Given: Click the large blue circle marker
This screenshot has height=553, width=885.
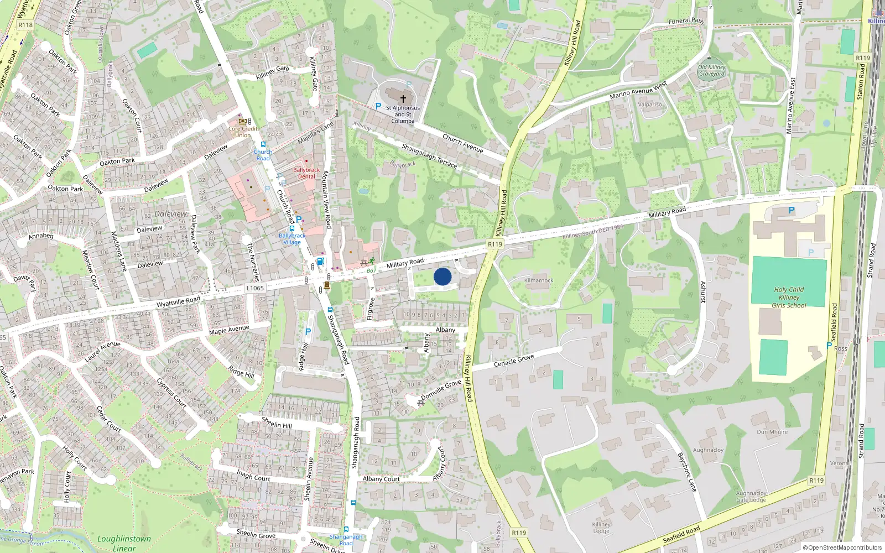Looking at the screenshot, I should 442,276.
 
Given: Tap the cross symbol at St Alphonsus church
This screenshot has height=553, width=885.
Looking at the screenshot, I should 403,98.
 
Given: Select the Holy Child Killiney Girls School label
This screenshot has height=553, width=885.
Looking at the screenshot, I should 789,298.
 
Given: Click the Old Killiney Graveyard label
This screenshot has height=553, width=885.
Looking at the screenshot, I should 711,70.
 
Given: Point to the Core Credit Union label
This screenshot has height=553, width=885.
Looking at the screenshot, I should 243,132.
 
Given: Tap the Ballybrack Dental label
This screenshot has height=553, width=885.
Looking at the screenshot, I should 306,173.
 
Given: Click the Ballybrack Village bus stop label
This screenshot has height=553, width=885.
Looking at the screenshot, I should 292,239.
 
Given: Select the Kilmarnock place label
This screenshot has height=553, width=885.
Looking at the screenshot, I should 539,280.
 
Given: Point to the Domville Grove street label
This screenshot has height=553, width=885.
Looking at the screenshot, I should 441,389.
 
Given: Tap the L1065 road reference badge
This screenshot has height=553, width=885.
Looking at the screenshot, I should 255,288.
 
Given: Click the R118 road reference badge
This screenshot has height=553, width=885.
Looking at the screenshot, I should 25,25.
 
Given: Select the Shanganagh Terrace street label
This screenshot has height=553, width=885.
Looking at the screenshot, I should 429,155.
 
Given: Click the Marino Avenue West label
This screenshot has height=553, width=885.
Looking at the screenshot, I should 638,91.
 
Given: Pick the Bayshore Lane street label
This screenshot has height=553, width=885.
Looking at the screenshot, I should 686,472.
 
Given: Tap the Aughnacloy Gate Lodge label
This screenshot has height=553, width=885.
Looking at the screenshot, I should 751,497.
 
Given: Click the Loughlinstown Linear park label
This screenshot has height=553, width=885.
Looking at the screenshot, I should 124,543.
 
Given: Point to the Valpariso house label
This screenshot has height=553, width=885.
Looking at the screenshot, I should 650,105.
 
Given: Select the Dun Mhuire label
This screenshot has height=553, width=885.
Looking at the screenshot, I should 772,432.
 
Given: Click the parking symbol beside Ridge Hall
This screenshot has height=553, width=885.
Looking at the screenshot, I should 308,332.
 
